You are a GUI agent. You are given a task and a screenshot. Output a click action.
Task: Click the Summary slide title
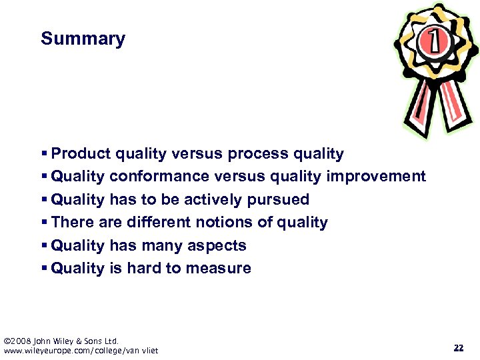(83, 39)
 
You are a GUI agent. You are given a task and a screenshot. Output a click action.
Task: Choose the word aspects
(218, 245)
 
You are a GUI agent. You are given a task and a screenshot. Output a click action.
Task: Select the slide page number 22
(458, 347)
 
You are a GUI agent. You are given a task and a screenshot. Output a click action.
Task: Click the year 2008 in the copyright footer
(22, 341)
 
